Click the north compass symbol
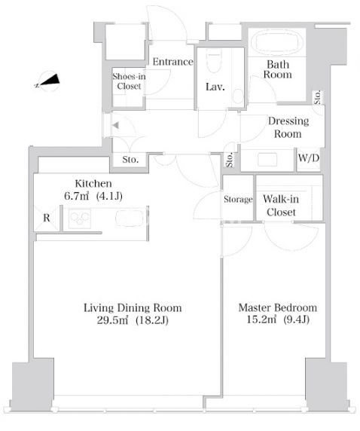[47, 81]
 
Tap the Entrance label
[173, 62]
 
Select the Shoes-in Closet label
[129, 81]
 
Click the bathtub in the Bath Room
[277, 44]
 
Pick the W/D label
[309, 157]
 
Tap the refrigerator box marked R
[47, 218]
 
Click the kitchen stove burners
[80, 219]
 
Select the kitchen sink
[130, 219]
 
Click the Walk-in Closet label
[281, 206]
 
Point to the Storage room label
[238, 199]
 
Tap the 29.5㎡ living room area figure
[112, 320]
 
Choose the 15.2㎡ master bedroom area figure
[261, 319]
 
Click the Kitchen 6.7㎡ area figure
[76, 196]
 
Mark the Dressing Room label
[288, 127]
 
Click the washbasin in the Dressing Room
[267, 160]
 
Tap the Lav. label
[215, 87]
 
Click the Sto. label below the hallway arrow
[130, 160]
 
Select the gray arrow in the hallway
[115, 125]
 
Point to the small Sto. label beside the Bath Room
[317, 97]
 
